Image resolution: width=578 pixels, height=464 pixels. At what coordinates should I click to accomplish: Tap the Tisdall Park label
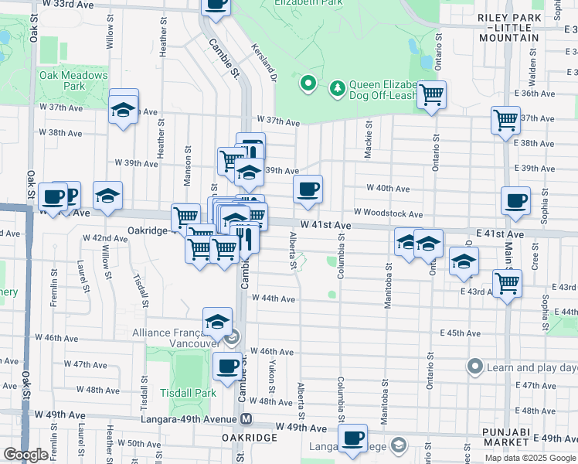coord(188,392)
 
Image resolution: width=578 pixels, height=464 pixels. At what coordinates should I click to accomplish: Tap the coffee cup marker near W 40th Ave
coord(308,189)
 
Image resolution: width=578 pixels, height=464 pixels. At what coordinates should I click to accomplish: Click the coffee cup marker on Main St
coord(515,201)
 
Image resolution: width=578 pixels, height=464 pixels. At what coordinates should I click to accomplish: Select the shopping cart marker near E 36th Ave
coord(432,94)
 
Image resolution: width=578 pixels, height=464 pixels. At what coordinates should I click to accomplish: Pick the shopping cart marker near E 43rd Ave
coord(507,283)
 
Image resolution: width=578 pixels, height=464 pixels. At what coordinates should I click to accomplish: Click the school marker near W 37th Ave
coord(124,109)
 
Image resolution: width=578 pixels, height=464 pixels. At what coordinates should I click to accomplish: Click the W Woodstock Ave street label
coord(388,213)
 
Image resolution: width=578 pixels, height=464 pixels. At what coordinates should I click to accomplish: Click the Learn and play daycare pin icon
coord(474,366)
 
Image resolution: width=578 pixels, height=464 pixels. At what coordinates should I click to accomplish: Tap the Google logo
coord(25,455)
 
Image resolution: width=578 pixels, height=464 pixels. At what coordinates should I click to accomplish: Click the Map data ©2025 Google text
coord(529,457)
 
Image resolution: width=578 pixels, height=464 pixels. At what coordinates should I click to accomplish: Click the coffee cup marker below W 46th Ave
coord(226,367)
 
